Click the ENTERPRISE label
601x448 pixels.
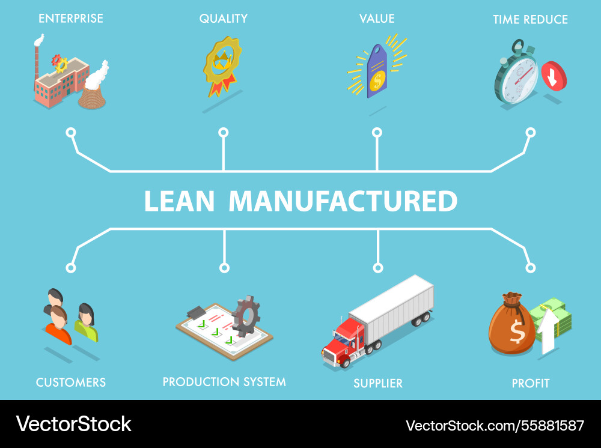pyautogui.click(x=71, y=19)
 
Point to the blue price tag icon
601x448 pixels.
pyautogui.click(x=377, y=71)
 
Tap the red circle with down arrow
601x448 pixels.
pyautogui.click(x=554, y=76)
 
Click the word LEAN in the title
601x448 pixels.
pyautogui.click(x=179, y=202)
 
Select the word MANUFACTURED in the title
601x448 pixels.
pyautogui.click(x=343, y=202)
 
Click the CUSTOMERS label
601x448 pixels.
pyautogui.click(x=71, y=383)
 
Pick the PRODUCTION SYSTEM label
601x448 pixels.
pyautogui.click(x=224, y=382)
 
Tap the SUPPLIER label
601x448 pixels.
pyautogui.click(x=378, y=383)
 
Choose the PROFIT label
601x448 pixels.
pyautogui.click(x=531, y=383)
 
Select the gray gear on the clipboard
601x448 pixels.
pyautogui.click(x=246, y=316)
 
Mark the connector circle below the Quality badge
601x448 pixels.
pyautogui.click(x=224, y=132)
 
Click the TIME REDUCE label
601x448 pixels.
pyautogui.click(x=530, y=20)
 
